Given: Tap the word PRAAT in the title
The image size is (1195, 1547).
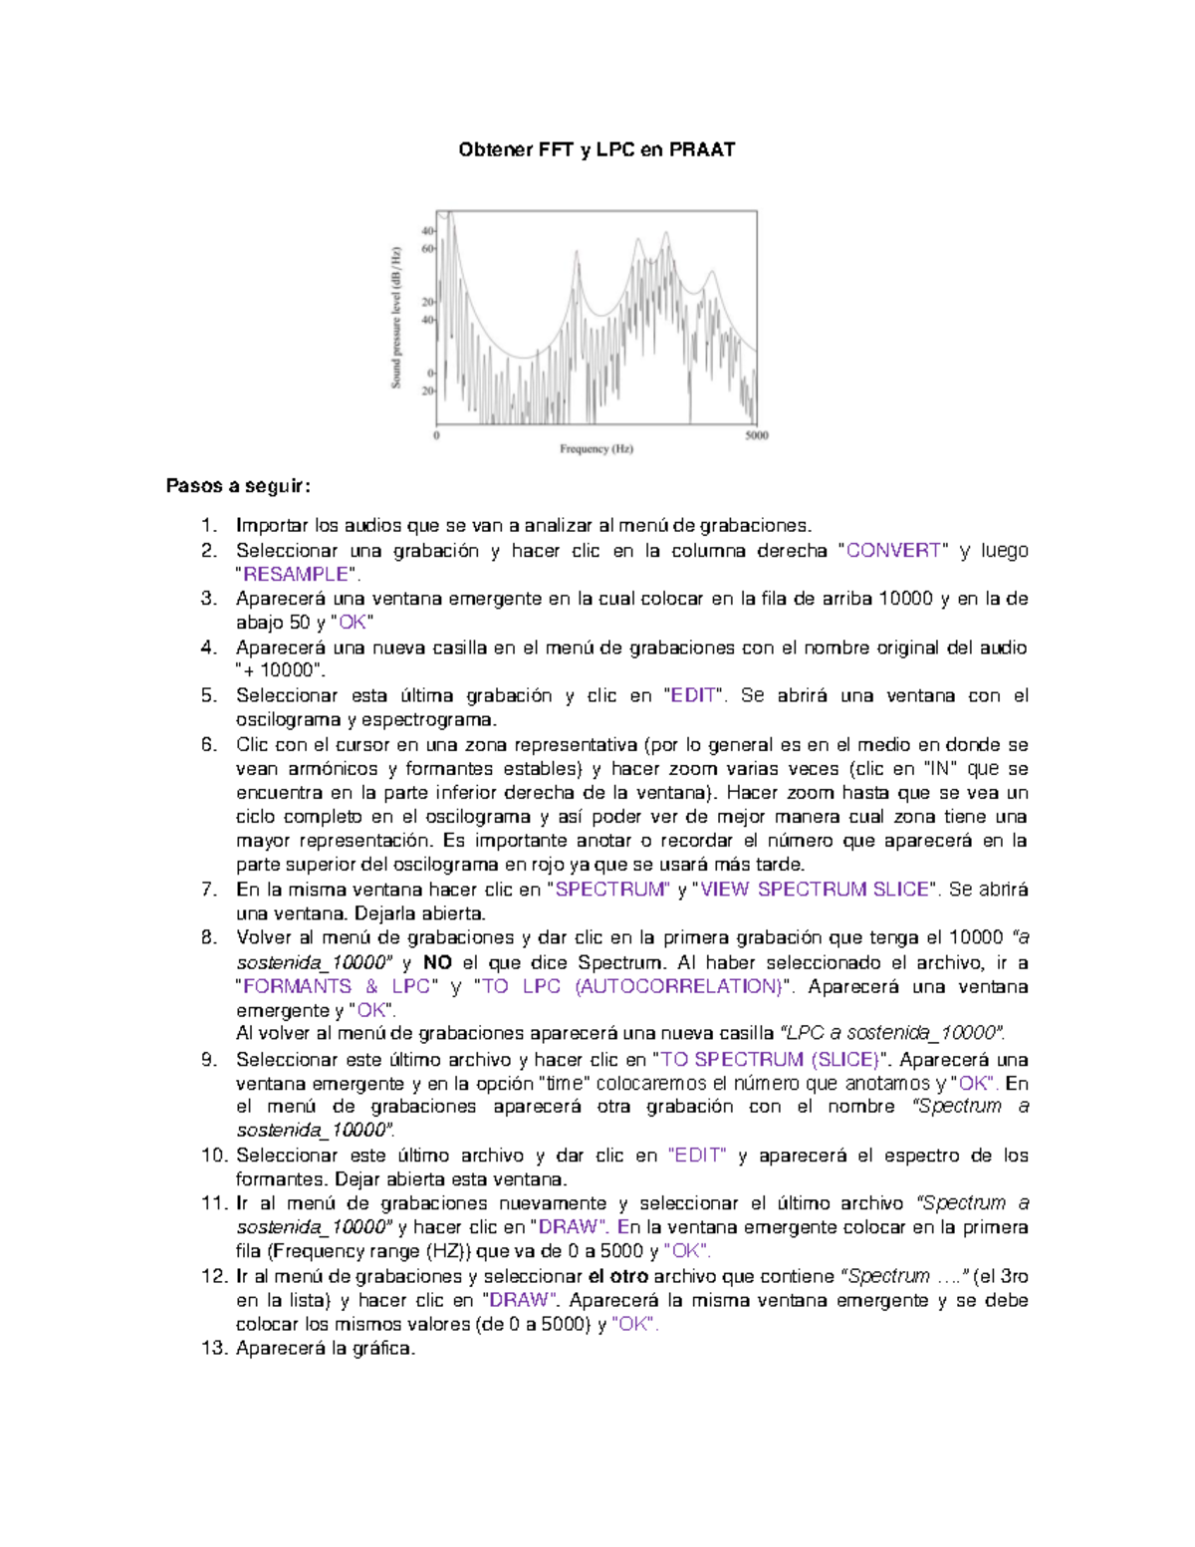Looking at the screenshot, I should click(702, 150).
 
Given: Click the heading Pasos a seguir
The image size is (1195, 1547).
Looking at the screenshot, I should click(238, 486).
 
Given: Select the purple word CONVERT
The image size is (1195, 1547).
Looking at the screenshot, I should click(893, 551).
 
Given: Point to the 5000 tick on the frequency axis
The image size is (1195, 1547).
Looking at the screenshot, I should click(757, 435).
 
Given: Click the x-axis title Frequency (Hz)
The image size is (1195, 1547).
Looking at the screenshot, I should click(596, 449).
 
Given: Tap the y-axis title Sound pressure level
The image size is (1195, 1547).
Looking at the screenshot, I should click(396, 317).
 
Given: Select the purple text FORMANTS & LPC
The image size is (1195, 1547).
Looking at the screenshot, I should click(336, 986).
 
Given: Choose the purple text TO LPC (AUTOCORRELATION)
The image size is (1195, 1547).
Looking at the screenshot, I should click(630, 986).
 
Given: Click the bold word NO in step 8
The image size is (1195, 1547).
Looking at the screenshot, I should click(437, 962).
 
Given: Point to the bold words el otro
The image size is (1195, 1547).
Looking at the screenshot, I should click(617, 1276).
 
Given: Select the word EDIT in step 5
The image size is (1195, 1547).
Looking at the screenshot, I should click(693, 695).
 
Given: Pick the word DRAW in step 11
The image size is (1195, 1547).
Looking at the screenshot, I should click(568, 1227).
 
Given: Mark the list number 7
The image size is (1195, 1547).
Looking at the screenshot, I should click(208, 890).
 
